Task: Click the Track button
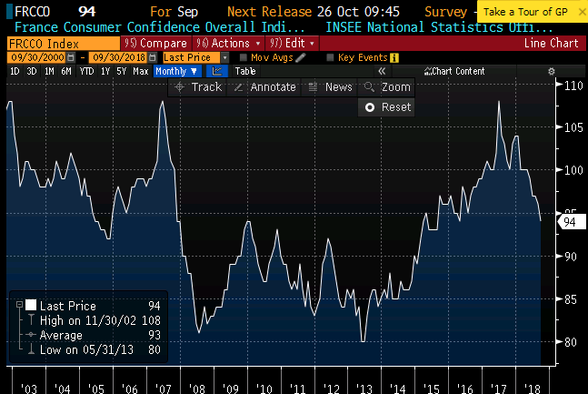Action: pyautogui.click(x=197, y=87)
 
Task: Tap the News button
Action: pyautogui.click(x=331, y=87)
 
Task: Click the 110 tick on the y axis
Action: pyautogui.click(x=572, y=86)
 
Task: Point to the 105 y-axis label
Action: pyautogui.click(x=572, y=127)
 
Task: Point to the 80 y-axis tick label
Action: pyautogui.click(x=569, y=342)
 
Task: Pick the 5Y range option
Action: pyautogui.click(x=121, y=71)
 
